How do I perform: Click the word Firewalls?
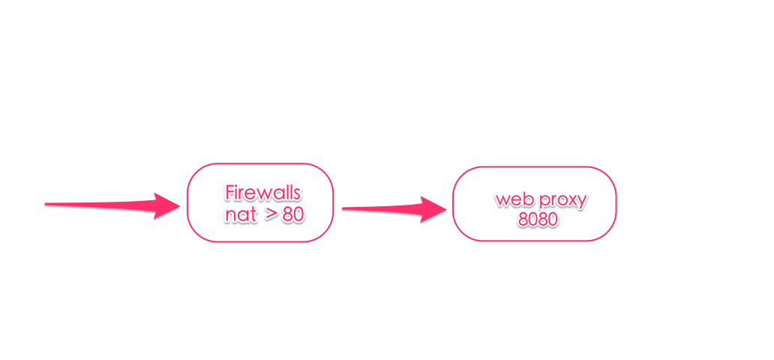[x=262, y=193]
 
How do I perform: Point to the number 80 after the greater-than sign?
[x=292, y=215]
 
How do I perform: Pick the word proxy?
[x=564, y=202]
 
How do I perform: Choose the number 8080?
[x=538, y=219]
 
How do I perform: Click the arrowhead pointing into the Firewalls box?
[x=166, y=205]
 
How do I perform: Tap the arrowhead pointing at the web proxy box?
[x=433, y=209]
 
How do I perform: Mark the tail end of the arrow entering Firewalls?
[x=46, y=204]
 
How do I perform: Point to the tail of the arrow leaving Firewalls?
[x=343, y=208]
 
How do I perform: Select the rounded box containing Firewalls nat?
[x=187, y=202]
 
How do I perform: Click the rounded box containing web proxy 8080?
[x=453, y=204]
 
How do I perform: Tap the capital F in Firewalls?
[x=229, y=193]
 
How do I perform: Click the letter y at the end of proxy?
[x=583, y=203]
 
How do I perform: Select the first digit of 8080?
[x=523, y=219]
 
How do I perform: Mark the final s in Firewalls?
[x=296, y=194]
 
